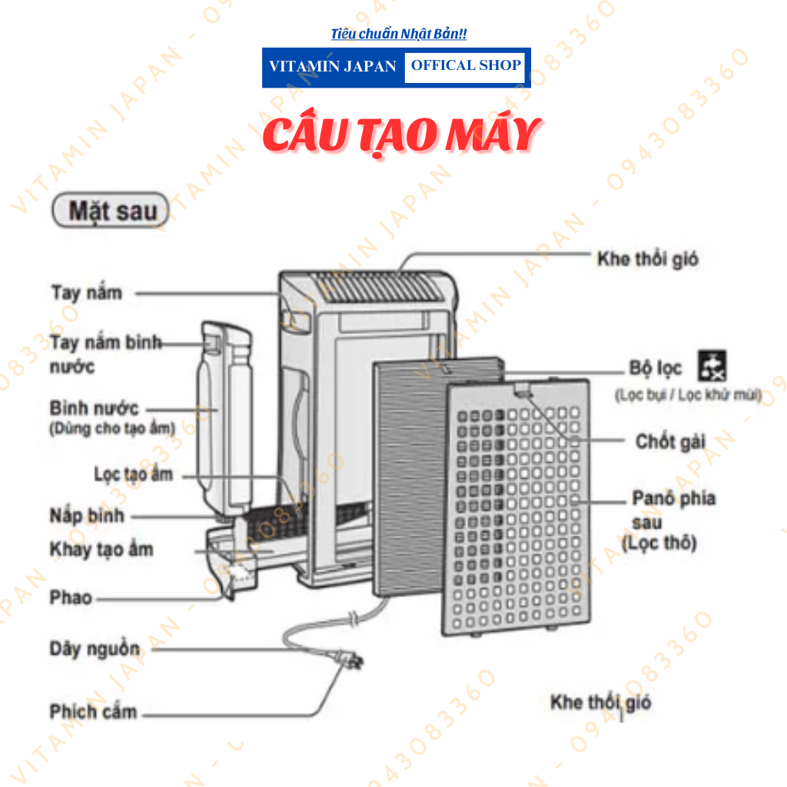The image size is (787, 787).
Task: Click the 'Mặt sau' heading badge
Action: click(109, 211)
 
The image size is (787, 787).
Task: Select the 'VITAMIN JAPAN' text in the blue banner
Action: click(333, 67)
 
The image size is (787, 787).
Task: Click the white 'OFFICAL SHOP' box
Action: click(465, 66)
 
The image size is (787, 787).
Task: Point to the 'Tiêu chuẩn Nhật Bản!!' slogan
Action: click(398, 34)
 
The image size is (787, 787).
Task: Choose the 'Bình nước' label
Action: click(94, 408)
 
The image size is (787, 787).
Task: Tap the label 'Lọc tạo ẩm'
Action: click(133, 474)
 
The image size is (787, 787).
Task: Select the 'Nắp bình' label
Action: click(86, 515)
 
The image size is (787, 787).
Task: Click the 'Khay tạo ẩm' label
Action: click(101, 550)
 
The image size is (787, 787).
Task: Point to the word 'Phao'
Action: click(71, 597)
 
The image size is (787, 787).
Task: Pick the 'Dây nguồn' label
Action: click(95, 649)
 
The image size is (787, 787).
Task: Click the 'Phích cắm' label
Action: click(93, 712)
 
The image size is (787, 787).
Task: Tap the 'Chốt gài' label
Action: click(670, 442)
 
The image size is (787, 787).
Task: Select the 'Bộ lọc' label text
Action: click(656, 368)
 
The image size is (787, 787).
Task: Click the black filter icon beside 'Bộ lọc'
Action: click(712, 366)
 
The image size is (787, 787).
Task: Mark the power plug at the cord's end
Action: click(350, 659)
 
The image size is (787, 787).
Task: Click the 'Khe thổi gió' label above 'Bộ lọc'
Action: click(647, 258)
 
